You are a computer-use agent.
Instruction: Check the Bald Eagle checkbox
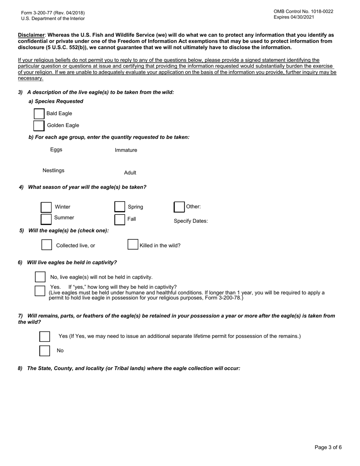[39, 114]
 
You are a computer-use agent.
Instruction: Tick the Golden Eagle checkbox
[39, 125]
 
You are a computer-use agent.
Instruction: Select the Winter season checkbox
[46, 207]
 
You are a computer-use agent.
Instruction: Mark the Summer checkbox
[46, 219]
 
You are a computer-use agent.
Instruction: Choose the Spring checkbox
[120, 207]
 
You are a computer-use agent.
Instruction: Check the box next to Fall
[120, 219]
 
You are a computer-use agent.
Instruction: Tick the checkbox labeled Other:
[179, 207]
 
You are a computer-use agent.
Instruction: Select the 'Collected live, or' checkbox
[47, 245]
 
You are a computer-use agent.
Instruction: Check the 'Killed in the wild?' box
[133, 244]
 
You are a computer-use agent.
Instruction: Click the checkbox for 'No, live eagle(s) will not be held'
[40, 277]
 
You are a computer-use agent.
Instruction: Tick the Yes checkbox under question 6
[40, 291]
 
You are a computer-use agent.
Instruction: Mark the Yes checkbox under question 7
[45, 336]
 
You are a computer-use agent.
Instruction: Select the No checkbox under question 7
[45, 351]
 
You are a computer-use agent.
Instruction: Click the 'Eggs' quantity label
[56, 150]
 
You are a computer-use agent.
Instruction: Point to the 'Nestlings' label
[53, 170]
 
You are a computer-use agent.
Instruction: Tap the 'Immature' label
[126, 150]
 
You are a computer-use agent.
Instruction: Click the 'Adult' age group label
[130, 173]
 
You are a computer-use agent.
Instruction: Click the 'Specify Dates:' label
[191, 221]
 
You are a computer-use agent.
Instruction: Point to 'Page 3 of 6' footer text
[328, 447]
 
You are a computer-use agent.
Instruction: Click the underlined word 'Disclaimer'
[31, 35]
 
